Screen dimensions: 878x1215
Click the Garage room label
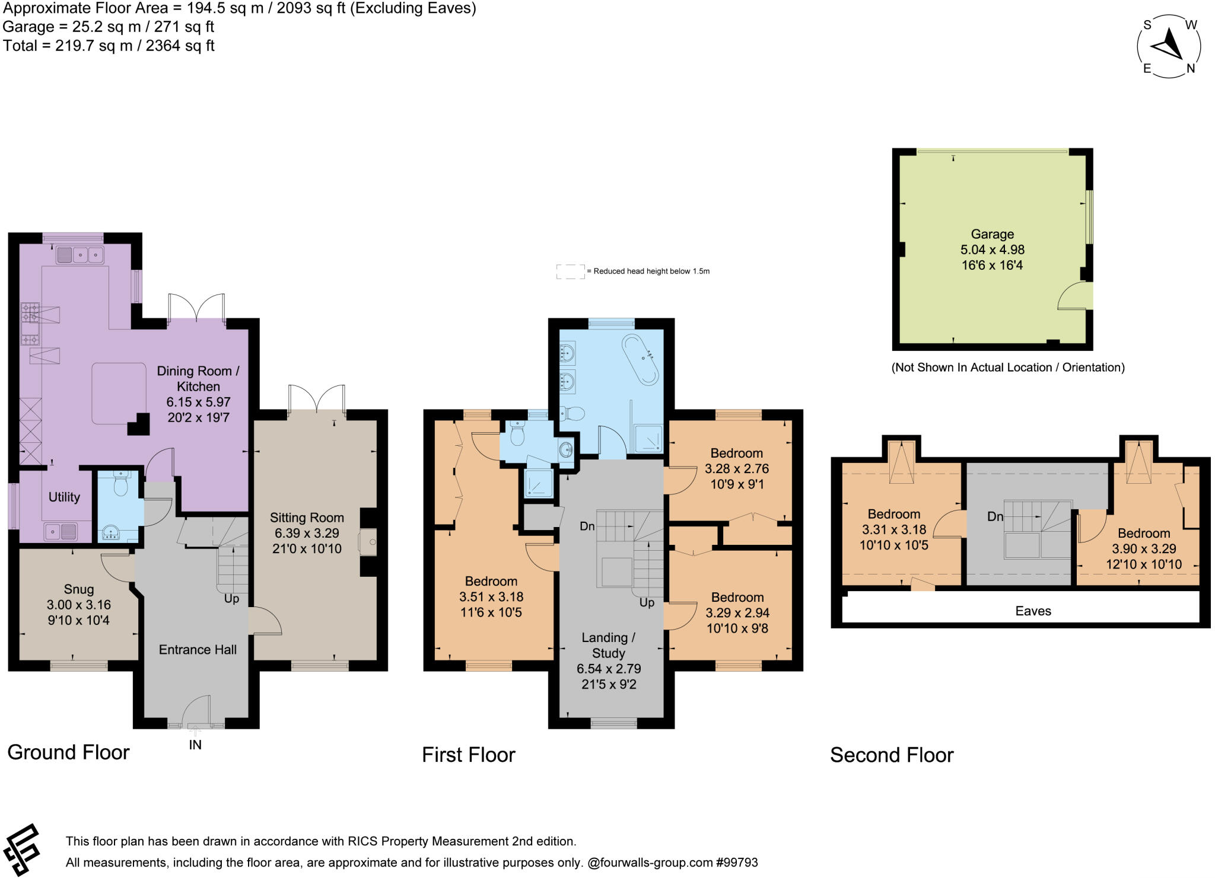point(992,234)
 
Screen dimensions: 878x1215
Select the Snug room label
point(78,589)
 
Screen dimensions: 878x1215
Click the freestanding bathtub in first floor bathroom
point(640,360)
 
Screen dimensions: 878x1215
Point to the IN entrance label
point(195,745)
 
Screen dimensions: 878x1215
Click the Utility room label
point(64,497)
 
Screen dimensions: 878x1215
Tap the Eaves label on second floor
point(1033,611)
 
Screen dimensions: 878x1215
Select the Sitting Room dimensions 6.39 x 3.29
point(307,533)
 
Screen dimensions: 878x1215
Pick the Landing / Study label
point(608,645)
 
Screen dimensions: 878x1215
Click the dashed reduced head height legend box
point(570,272)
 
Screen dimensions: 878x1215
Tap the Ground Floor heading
point(68,752)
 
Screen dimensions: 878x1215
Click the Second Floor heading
point(891,755)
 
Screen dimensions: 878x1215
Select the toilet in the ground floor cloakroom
point(121,485)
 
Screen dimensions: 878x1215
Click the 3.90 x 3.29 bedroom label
point(1143,548)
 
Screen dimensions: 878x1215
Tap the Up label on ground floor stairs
point(231,598)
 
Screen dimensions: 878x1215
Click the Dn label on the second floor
point(995,516)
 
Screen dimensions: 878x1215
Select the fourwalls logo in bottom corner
point(21,850)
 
